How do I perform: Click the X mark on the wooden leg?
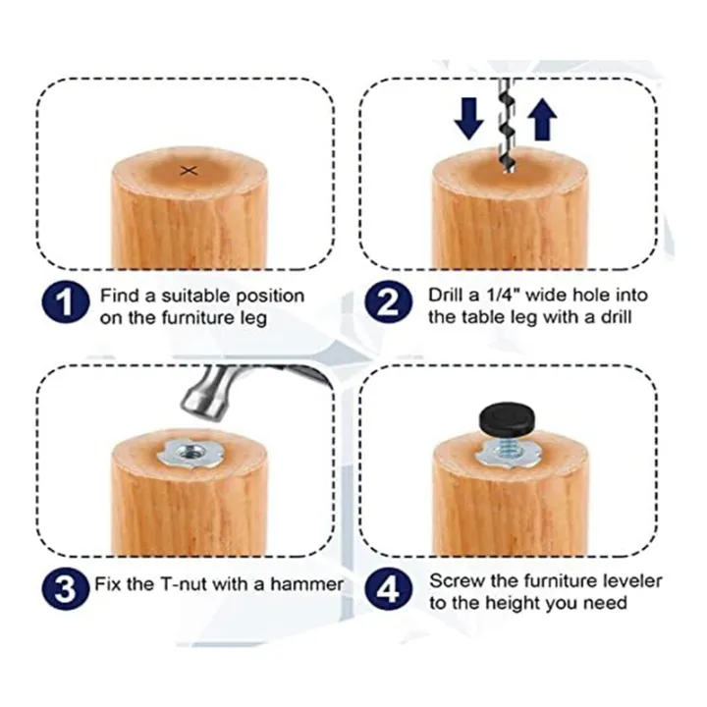pos(190,171)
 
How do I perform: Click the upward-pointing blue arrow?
pos(542,120)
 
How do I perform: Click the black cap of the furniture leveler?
pos(508,420)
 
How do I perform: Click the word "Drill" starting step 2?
pos(447,295)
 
